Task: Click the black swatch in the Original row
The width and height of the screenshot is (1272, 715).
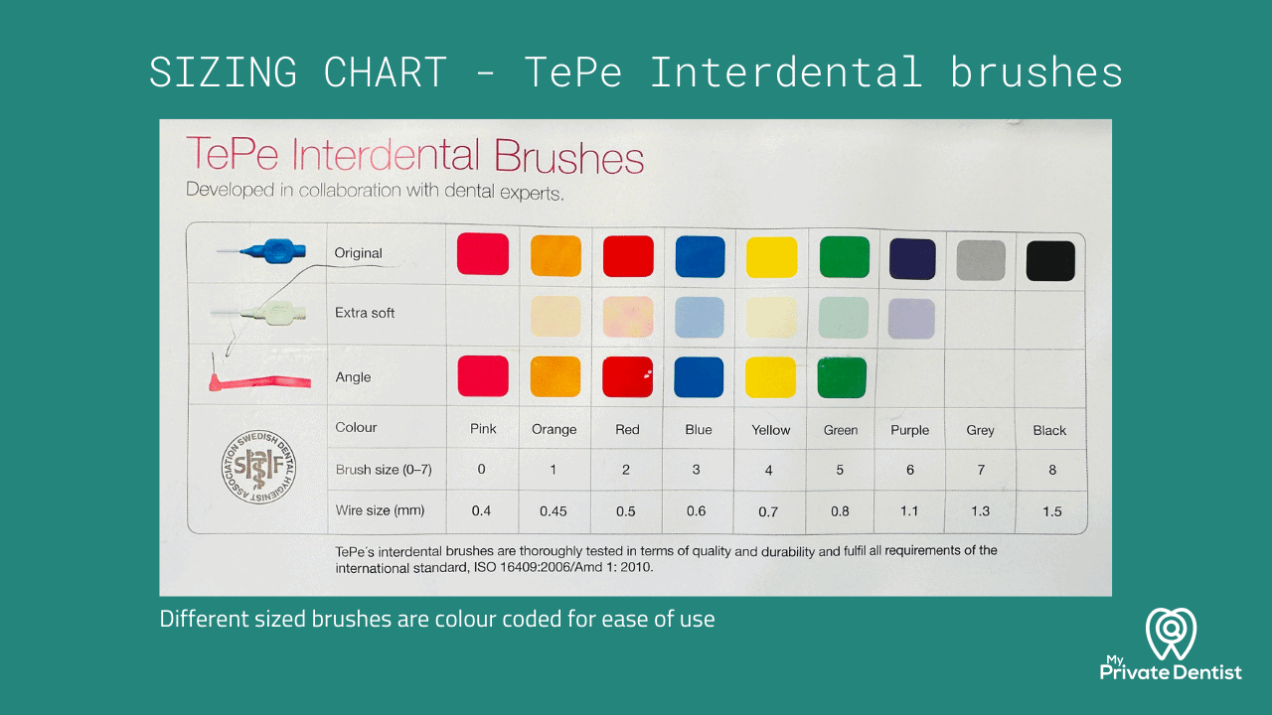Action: click(x=1050, y=261)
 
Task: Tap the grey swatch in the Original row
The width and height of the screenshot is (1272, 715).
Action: click(x=981, y=260)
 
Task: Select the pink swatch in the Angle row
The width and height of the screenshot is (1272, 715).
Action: click(x=483, y=376)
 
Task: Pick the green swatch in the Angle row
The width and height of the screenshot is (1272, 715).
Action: click(x=842, y=377)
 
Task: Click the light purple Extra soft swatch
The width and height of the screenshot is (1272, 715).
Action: click(x=911, y=319)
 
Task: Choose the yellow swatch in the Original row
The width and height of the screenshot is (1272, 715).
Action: click(x=771, y=257)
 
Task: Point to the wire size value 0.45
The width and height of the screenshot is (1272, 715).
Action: click(x=554, y=511)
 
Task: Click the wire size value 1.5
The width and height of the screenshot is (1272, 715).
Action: click(x=1051, y=511)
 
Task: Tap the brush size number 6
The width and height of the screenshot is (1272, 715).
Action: click(x=910, y=470)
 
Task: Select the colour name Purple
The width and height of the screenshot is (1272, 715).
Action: click(x=910, y=430)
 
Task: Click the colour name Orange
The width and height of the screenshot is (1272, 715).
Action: click(x=554, y=430)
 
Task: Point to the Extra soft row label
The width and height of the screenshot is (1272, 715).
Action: click(x=365, y=313)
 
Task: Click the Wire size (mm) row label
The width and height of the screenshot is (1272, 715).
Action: click(x=380, y=510)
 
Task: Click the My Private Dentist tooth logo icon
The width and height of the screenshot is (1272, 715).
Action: click(x=1171, y=634)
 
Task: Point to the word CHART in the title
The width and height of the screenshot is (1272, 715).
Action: click(x=385, y=72)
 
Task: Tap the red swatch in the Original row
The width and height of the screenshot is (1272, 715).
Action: click(x=628, y=256)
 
